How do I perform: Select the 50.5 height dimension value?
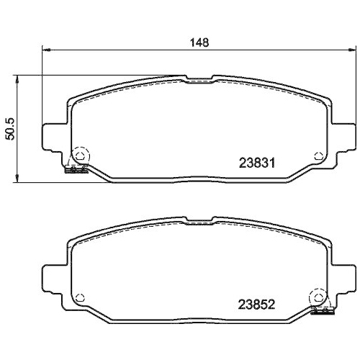(9, 128)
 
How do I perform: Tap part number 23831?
(258, 163)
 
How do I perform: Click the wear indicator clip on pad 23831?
(75, 170)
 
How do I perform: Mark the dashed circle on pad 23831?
(81, 154)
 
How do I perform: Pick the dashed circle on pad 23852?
(316, 297)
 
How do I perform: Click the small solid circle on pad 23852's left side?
(81, 296)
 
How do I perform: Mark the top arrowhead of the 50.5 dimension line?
(18, 78)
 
